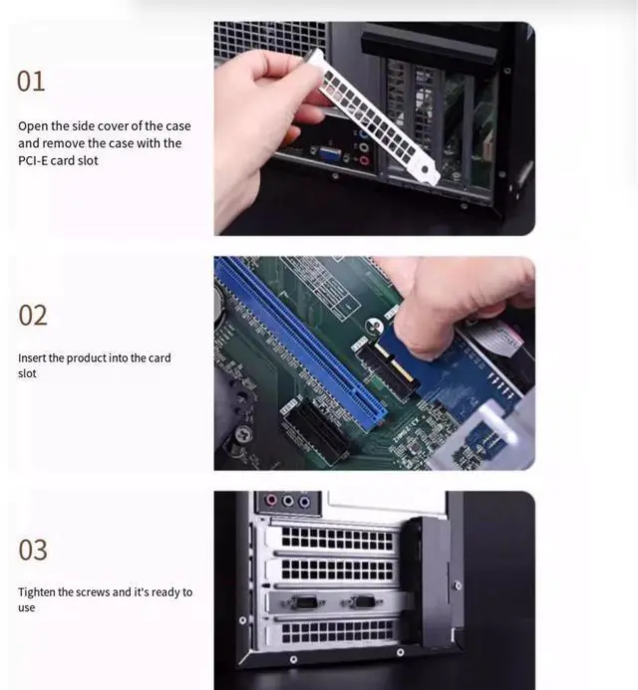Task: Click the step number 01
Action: point(31,82)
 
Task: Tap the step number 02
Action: point(33,315)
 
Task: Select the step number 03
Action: point(33,550)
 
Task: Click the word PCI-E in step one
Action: point(33,160)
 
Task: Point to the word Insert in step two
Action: point(32,357)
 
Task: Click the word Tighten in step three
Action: point(37,592)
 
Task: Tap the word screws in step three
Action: point(93,592)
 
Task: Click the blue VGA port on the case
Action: point(329,154)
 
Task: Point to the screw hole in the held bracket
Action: point(425,169)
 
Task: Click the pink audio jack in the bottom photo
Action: point(271,501)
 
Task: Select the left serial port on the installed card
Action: point(305,602)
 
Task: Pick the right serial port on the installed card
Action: point(362,602)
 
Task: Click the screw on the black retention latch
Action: point(458,585)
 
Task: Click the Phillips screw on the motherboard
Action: point(243,434)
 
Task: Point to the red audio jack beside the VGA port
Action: point(364,160)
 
